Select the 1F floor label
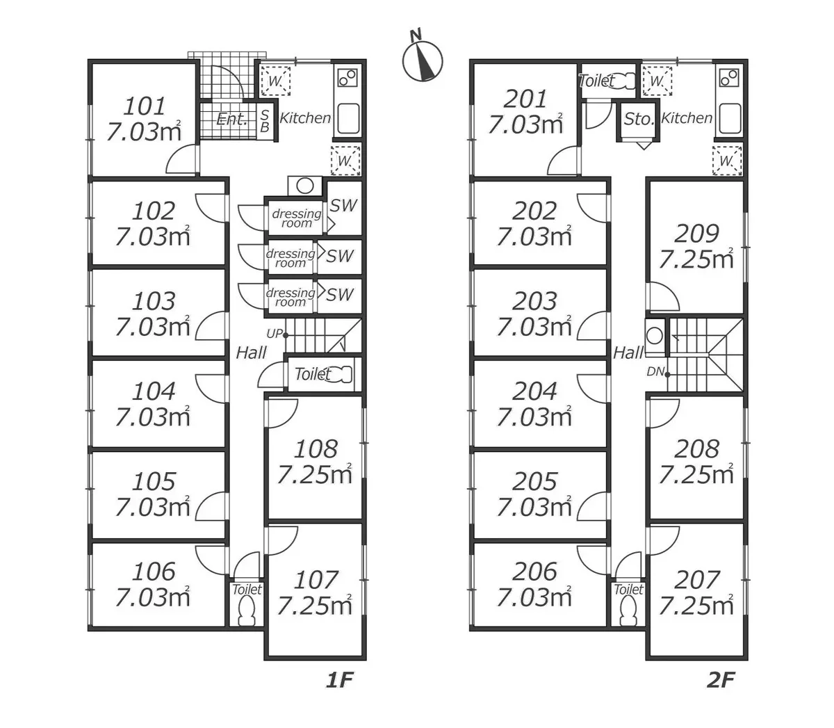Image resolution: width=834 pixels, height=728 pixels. tap(341, 679)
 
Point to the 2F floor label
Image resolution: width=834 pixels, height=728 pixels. tap(721, 679)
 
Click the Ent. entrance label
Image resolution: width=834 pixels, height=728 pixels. tap(231, 119)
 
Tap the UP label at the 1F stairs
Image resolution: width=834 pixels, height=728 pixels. tap(274, 334)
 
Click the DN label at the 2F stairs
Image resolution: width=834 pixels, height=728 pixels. tap(655, 372)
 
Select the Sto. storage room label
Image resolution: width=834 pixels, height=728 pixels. tap(639, 119)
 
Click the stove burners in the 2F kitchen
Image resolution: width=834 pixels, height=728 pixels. tap(728, 78)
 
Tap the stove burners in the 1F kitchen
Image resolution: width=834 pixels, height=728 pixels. tap(347, 78)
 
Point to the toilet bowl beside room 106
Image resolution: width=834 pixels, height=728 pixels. tap(246, 612)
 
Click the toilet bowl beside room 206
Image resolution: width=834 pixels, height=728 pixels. tap(628, 612)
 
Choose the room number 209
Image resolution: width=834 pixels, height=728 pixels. tap(696, 233)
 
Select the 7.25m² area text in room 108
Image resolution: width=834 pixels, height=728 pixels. tap(314, 474)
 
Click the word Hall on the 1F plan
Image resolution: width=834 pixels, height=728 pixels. tap(251, 353)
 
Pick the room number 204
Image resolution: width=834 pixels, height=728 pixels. tap(534, 391)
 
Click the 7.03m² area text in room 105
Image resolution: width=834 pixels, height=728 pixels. tap(152, 507)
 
